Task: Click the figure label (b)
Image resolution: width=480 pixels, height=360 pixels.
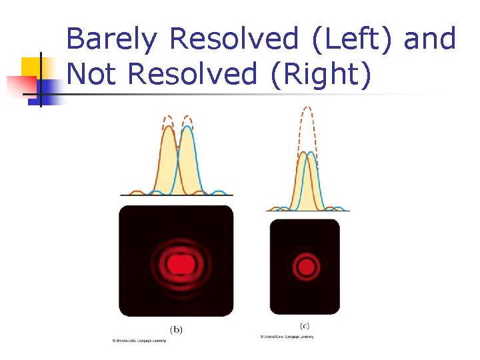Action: click(176, 329)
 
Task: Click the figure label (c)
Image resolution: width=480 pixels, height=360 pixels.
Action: click(305, 325)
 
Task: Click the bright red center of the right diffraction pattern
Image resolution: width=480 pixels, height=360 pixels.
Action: click(305, 267)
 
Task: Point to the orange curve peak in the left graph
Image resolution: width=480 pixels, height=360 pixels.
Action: click(167, 129)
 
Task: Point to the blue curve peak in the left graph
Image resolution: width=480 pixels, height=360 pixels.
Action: click(187, 127)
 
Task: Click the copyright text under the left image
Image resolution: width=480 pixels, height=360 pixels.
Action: click(139, 341)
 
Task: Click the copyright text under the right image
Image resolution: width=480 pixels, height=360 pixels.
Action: click(287, 337)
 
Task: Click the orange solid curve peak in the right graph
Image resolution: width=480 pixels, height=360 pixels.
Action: click(303, 153)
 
